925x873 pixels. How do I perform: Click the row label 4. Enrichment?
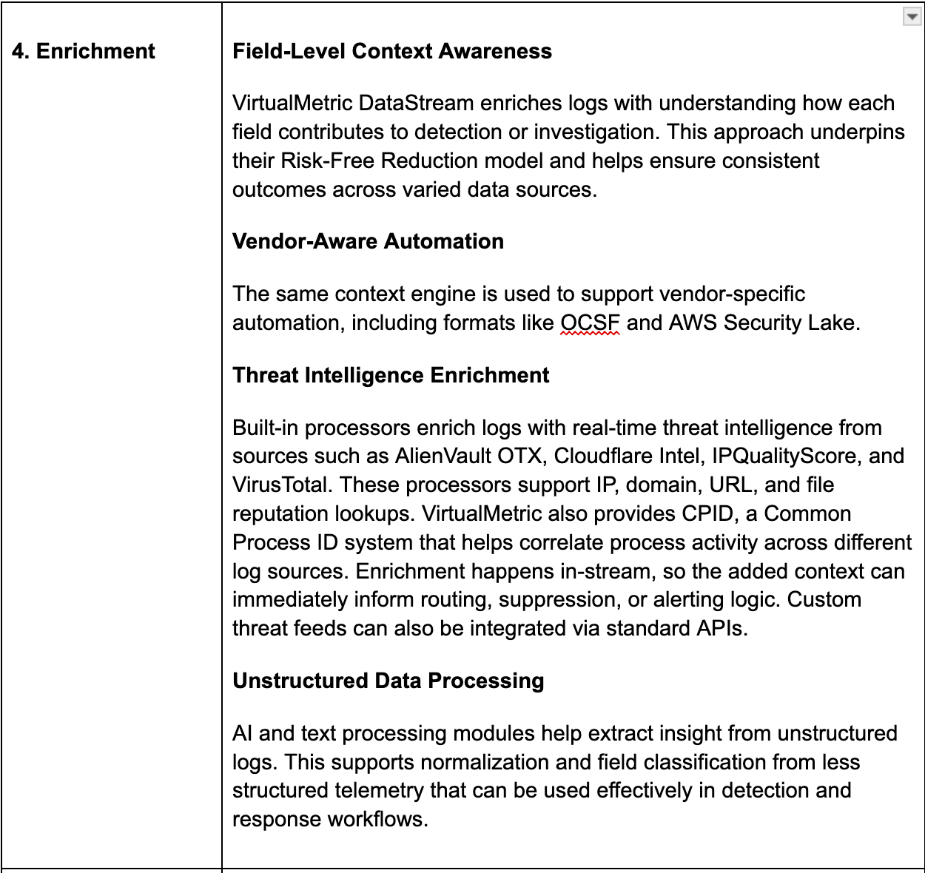click(x=84, y=51)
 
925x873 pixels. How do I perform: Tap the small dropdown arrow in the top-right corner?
click(x=912, y=17)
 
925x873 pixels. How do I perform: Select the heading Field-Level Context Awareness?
click(x=392, y=51)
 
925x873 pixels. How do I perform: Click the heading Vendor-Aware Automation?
click(x=368, y=241)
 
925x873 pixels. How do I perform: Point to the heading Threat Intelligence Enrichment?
click(x=391, y=375)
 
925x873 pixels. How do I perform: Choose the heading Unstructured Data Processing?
click(x=388, y=681)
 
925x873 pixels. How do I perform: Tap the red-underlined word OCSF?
click(x=590, y=323)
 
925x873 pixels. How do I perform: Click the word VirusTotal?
click(x=280, y=485)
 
